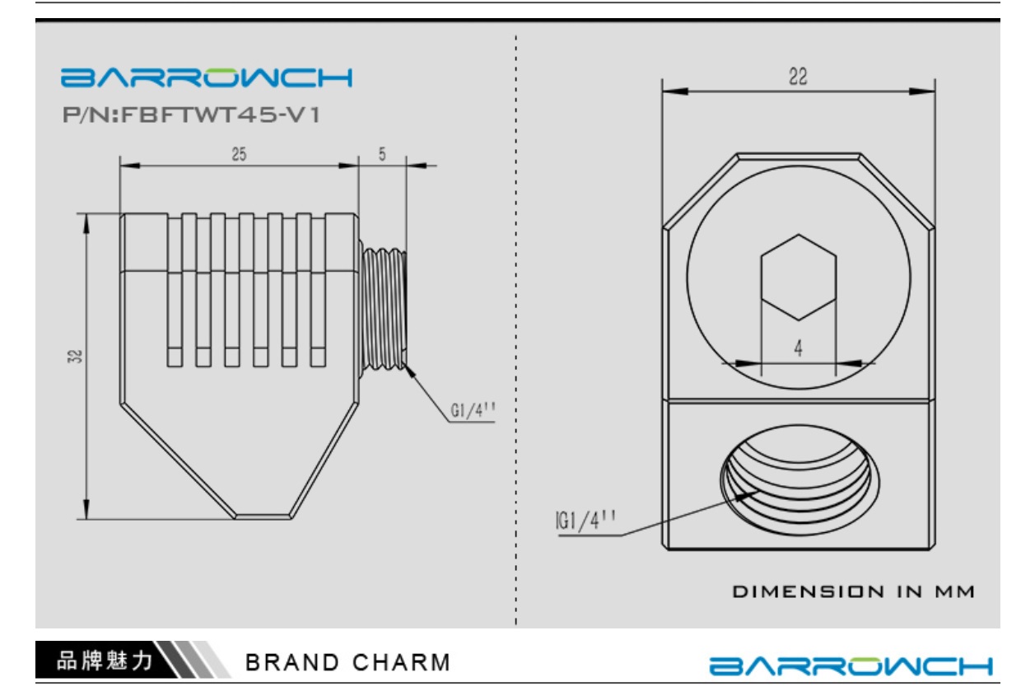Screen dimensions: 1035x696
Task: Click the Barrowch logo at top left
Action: tap(207, 77)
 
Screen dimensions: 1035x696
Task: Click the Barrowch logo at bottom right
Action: tap(851, 666)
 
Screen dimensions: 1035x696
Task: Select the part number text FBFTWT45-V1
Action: tap(221, 114)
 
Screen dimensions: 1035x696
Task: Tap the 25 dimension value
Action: tap(239, 154)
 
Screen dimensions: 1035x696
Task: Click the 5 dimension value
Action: tap(382, 154)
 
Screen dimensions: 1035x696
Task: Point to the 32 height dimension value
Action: tap(75, 357)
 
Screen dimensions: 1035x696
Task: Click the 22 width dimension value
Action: tap(798, 77)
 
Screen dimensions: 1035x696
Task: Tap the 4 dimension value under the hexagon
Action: tap(799, 348)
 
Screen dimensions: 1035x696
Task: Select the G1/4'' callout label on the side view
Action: tap(473, 410)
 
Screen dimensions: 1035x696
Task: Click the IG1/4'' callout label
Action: tap(585, 521)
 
